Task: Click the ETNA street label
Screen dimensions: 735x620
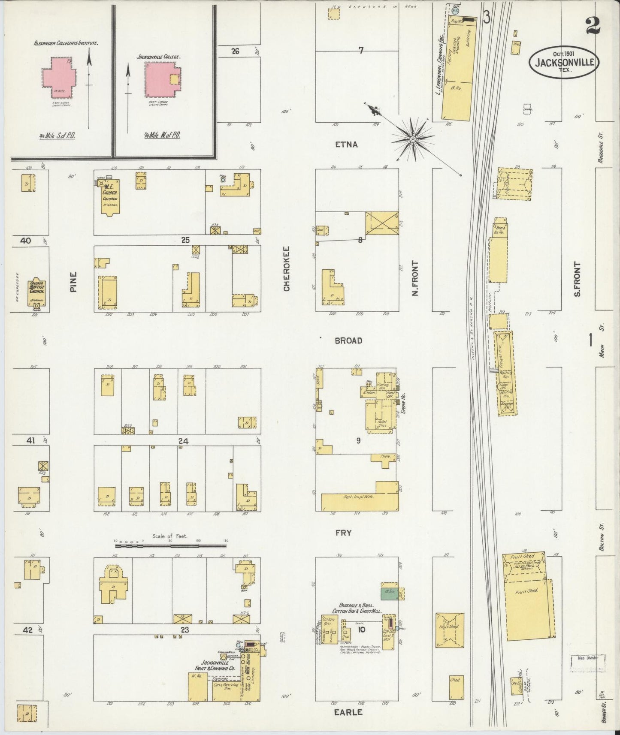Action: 346,145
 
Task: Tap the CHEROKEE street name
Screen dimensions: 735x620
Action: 286,269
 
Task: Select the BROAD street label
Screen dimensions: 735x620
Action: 348,340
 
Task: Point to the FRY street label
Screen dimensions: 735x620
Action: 343,533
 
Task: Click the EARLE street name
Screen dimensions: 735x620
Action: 348,712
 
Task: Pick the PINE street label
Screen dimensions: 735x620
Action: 73,282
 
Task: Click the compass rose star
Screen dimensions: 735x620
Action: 413,139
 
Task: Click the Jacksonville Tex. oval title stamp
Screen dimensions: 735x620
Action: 564,62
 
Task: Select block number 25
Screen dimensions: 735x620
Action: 185,240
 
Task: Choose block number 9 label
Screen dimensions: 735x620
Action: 358,441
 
